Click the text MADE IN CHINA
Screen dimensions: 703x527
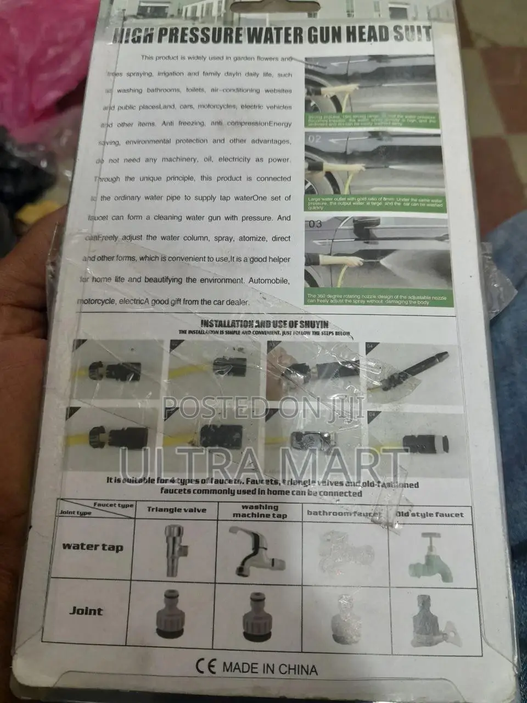pyautogui.click(x=270, y=668)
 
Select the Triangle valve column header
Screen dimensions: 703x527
pyautogui.click(x=176, y=510)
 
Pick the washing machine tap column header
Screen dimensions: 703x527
pyautogui.click(x=260, y=511)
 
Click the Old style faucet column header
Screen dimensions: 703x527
pyautogui.click(x=430, y=515)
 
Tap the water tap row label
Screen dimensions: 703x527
pyautogui.click(x=92, y=546)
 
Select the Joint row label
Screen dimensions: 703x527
pyautogui.click(x=86, y=611)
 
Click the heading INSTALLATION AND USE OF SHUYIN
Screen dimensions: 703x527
pyautogui.click(x=265, y=324)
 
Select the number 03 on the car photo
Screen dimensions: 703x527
pyautogui.click(x=316, y=224)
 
